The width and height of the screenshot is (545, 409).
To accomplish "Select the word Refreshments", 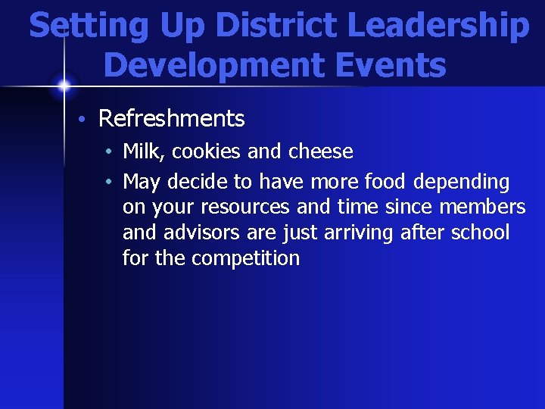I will tap(172, 119).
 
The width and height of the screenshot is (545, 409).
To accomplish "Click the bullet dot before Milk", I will tap(110, 152).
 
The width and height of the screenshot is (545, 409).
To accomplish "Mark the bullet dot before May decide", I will tap(110, 183).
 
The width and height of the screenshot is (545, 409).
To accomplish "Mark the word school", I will tap(481, 233).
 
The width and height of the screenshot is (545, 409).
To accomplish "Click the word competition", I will tap(245, 258).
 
